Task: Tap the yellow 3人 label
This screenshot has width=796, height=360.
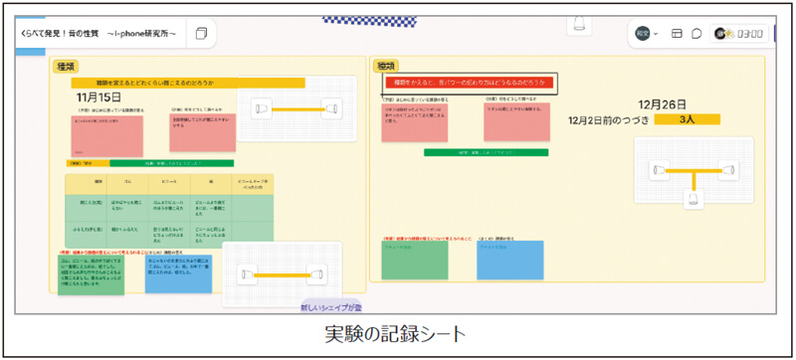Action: (687, 119)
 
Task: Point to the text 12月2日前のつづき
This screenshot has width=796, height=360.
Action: (610, 119)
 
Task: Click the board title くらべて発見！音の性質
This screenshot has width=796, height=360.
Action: (98, 34)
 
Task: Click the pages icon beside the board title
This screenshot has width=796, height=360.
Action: (202, 34)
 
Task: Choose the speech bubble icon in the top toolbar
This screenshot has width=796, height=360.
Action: (696, 34)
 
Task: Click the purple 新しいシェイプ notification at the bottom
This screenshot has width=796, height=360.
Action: (332, 308)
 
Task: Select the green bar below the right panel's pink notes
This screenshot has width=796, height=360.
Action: (487, 153)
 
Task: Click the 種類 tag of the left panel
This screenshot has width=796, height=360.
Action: (67, 66)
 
